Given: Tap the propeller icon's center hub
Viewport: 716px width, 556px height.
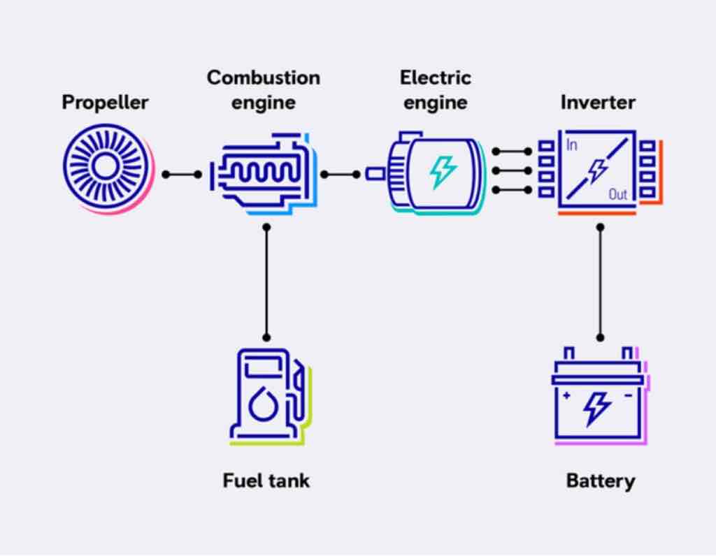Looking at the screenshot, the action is (105, 166).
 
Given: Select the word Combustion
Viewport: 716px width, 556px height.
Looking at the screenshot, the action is (264, 78).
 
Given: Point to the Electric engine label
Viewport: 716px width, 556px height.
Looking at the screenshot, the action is (436, 90).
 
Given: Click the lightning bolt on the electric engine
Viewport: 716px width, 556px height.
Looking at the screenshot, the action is (442, 172).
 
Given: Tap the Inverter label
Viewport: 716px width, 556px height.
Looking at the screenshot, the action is (598, 102).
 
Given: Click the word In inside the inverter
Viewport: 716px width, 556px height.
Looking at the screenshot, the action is (572, 145).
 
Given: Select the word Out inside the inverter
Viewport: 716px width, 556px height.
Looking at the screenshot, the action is (618, 195).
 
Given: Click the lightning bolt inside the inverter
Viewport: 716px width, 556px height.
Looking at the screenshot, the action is (597, 170).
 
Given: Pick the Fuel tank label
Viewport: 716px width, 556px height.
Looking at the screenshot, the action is (266, 481).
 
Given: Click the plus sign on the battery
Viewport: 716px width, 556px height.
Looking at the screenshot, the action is (566, 395).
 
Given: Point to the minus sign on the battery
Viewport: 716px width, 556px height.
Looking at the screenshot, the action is (629, 395).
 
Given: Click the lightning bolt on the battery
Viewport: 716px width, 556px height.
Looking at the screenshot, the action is (597, 409).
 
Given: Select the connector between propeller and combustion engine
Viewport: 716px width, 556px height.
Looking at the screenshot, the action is (182, 174).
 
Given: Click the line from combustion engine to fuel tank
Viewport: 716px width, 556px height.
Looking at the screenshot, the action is (266, 282).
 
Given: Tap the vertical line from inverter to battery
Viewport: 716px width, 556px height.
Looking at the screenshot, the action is (601, 282).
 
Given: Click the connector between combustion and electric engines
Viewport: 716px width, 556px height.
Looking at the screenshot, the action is (341, 174).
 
